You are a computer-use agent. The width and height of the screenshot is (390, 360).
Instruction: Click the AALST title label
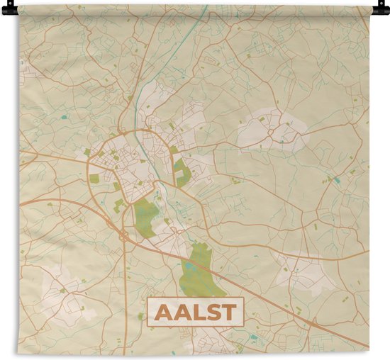[195, 312]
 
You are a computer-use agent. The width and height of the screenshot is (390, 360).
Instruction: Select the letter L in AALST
[197, 312]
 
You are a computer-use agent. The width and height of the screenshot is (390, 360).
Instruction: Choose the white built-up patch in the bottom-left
[60, 291]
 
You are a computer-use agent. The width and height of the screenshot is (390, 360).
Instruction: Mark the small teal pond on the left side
[65, 116]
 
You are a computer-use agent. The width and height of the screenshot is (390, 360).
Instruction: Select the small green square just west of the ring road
[94, 179]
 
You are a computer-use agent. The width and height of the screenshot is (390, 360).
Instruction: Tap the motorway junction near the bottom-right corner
[313, 323]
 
